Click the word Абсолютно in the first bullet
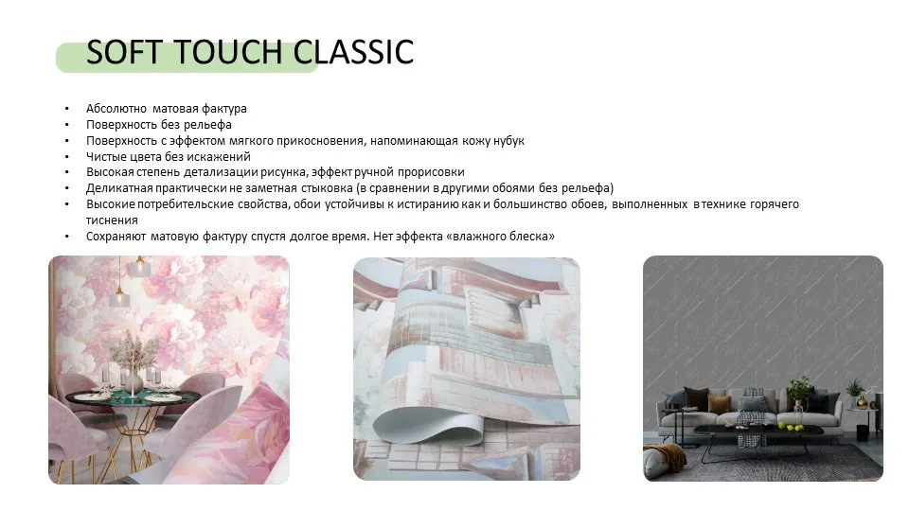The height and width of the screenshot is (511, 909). pos(115,109)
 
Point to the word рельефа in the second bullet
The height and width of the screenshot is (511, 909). pos(211,124)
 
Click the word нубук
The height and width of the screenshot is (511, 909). pos(507,140)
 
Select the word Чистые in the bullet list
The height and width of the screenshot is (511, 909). pos(106,156)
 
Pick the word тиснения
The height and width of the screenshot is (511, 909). pos(112,220)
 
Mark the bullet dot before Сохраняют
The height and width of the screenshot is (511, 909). pos(66,236)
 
